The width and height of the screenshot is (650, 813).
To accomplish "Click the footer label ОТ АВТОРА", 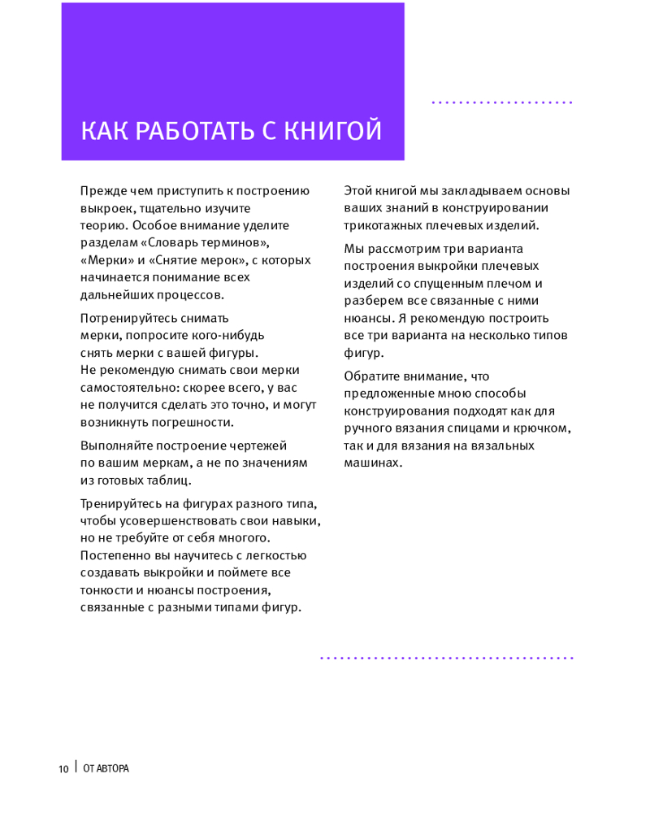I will click(106, 769).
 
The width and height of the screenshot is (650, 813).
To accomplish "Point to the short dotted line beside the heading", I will click(501, 103).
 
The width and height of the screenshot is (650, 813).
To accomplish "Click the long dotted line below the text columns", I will click(446, 657).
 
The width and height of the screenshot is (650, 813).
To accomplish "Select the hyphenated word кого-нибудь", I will click(227, 335).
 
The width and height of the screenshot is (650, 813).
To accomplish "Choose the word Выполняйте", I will click(114, 446).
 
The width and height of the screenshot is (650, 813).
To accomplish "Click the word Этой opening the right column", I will click(358, 191).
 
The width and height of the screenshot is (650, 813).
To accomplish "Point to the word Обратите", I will click(371, 376).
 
